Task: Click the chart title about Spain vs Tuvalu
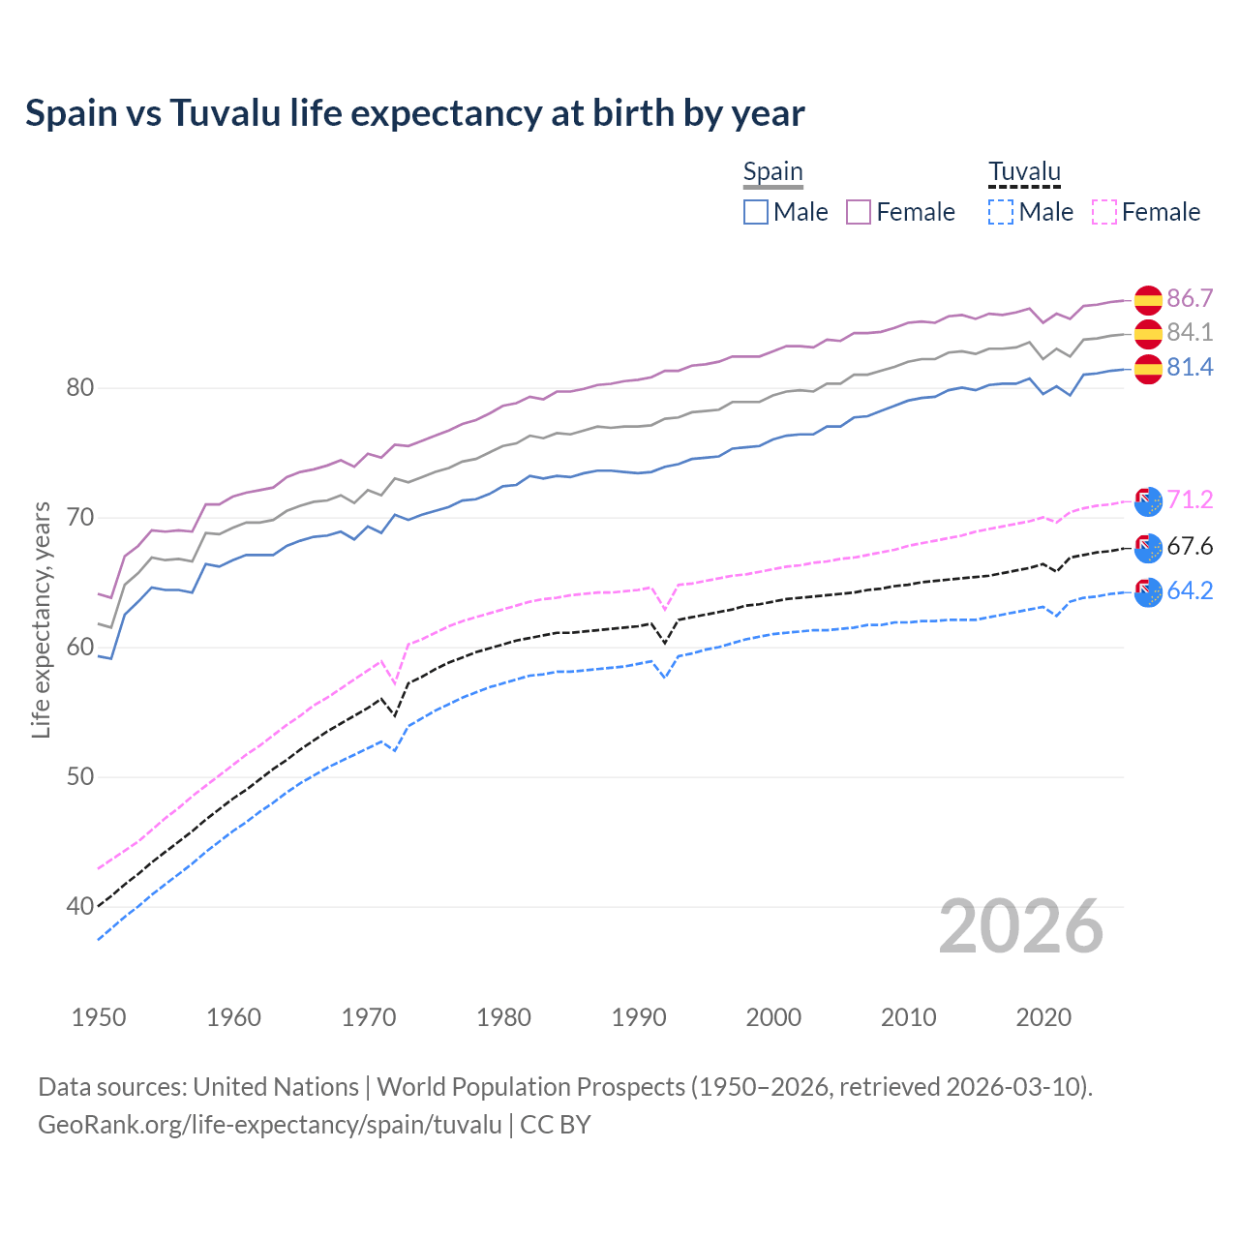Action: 414,113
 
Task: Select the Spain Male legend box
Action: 756,212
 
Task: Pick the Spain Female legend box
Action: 859,212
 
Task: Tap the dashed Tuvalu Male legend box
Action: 1001,212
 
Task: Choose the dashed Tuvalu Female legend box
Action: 1104,212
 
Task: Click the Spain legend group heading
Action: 772,172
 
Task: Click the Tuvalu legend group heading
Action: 1024,172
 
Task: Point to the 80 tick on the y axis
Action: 79,388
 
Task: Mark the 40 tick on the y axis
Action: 79,907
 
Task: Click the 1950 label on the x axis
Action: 99,1017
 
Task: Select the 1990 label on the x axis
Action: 639,1017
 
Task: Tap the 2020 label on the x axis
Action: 1043,1017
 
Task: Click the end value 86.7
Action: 1190,298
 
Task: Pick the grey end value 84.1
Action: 1190,333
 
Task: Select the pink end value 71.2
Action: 1190,499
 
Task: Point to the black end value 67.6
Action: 1190,547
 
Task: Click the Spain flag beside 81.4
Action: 1148,369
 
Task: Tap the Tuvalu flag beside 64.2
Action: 1148,591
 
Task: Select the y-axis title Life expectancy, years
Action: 41,619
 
